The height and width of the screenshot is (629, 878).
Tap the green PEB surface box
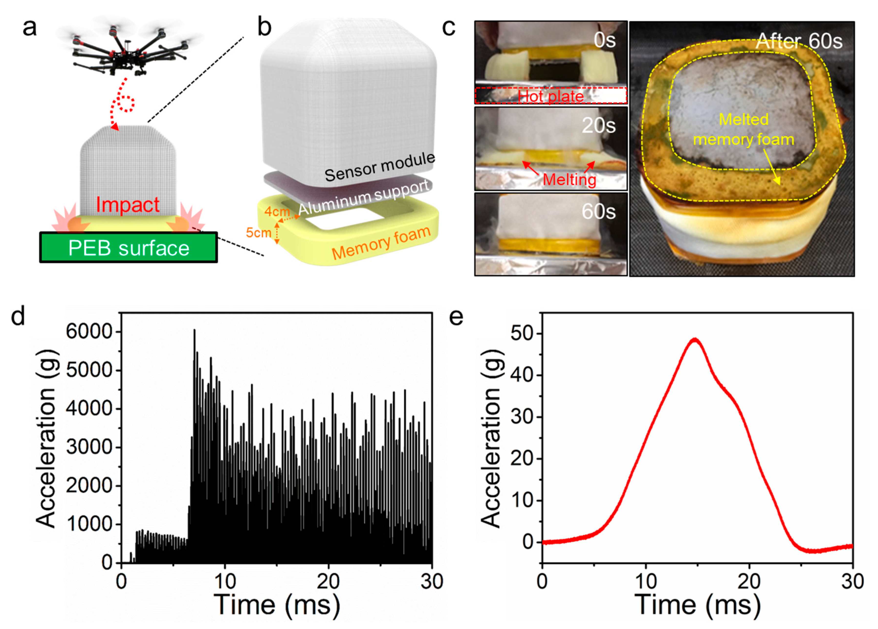click(x=129, y=248)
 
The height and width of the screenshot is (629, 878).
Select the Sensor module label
click(x=379, y=167)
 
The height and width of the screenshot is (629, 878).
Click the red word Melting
click(x=569, y=179)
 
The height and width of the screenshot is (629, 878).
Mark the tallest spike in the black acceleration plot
click(x=194, y=330)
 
